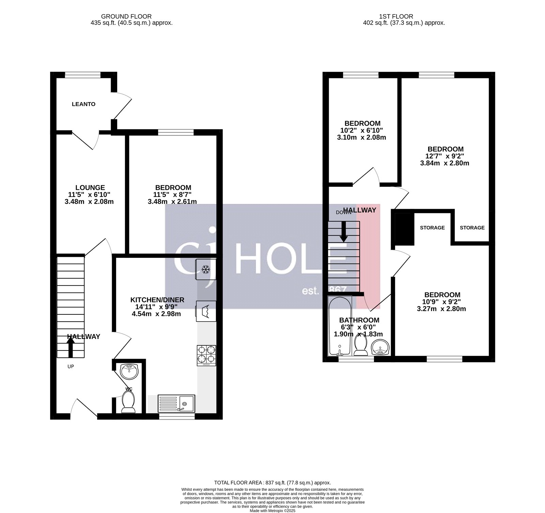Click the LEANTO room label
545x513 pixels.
pyautogui.click(x=83, y=104)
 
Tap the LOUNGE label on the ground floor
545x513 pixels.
pyautogui.click(x=90, y=188)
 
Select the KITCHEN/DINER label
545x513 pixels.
pyautogui.click(x=157, y=300)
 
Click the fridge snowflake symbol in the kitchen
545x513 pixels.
pyautogui.click(x=205, y=270)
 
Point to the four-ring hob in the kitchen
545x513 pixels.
pyautogui.click(x=206, y=355)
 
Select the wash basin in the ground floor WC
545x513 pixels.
pyautogui.click(x=129, y=372)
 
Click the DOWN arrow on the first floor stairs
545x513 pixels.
pyautogui.click(x=344, y=232)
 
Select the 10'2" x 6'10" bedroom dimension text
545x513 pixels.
pyautogui.click(x=362, y=130)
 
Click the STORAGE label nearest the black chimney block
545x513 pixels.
pyautogui.click(x=432, y=228)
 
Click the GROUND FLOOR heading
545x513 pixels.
pyautogui.click(x=126, y=16)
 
